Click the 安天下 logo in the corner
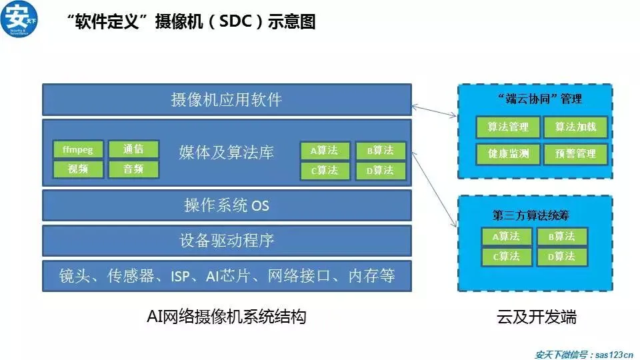19,20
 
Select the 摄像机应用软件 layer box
227,100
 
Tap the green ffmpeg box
78,149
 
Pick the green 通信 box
133,149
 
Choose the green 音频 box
133,169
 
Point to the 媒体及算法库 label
227,153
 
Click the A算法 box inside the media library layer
325,151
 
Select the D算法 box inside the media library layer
380,171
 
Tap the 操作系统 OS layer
227,205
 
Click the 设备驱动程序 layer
227,241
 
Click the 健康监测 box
508,154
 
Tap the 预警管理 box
575,154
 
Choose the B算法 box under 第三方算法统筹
562,236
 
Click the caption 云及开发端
537,317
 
